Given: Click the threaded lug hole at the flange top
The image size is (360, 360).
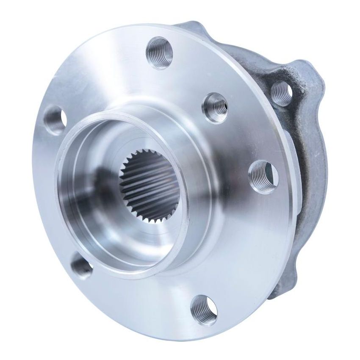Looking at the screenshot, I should pyautogui.click(x=160, y=51).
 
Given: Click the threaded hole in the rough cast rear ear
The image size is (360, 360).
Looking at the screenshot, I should pyautogui.click(x=281, y=93).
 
